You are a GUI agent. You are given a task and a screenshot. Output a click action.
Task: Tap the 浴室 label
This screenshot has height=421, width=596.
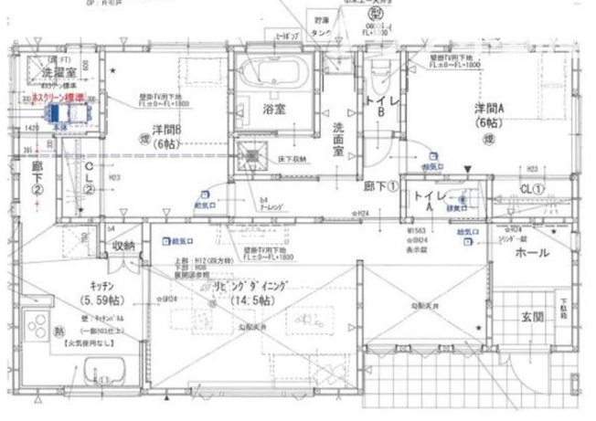274,109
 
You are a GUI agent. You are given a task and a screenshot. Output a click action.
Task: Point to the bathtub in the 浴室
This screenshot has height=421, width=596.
273,74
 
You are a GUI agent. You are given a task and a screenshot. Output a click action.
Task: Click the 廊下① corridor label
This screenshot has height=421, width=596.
379,185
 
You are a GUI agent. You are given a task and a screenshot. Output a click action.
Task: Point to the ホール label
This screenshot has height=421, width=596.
532,252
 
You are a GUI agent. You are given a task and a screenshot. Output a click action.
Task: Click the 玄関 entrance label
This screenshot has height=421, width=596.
532,317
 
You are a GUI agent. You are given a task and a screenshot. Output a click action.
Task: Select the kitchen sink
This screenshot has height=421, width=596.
103,375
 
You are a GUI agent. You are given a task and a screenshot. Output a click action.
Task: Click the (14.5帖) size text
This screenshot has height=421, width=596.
248,300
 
